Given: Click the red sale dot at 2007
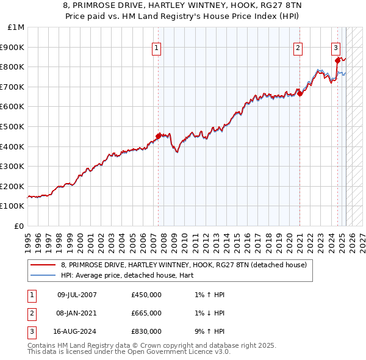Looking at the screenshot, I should [159, 136].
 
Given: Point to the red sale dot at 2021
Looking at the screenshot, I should [300, 93].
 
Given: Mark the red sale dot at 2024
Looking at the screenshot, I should [337, 60].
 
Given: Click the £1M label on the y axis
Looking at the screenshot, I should [17, 27].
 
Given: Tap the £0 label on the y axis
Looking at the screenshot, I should [19, 226].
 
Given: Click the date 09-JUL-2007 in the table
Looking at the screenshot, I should [77, 295].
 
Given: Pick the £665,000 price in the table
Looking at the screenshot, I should [146, 313].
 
